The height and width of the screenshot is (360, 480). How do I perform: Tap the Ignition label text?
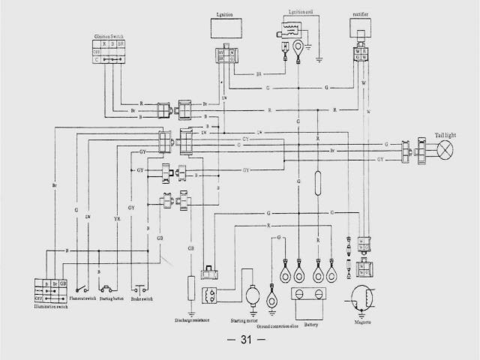click(226, 13)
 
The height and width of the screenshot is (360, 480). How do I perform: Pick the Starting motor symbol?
click(252, 297)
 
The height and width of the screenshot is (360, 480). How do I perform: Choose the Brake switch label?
click(142, 298)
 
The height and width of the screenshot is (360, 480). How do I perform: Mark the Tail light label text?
click(445, 135)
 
